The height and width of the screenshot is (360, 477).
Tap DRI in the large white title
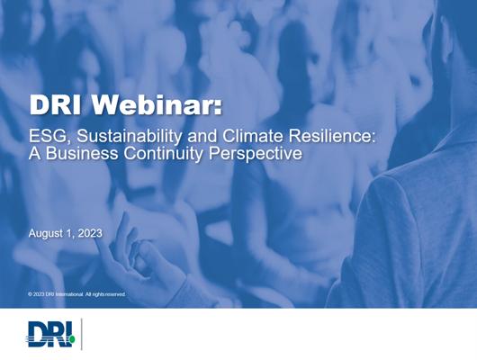(56, 105)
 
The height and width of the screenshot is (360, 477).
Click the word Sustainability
(129, 137)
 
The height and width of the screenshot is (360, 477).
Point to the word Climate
(253, 136)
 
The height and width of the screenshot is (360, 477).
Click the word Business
(82, 153)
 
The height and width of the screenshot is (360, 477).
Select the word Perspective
(256, 154)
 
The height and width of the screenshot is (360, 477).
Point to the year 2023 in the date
(90, 233)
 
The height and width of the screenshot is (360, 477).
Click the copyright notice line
(76, 294)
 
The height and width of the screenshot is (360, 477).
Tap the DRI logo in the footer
(51, 334)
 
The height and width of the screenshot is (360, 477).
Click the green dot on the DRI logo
(72, 338)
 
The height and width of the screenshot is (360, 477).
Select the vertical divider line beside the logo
(82, 334)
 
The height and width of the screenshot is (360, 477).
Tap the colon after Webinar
(218, 108)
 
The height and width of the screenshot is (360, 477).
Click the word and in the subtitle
(202, 136)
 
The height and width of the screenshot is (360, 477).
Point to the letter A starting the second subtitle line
(34, 153)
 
